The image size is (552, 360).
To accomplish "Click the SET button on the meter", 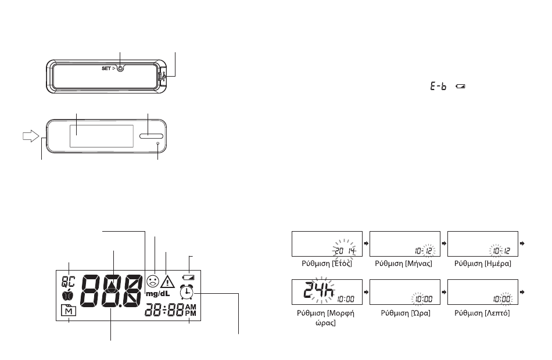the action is point(120,69).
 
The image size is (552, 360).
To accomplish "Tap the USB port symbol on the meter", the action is point(162,76).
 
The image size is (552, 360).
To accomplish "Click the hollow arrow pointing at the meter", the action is point(31,136).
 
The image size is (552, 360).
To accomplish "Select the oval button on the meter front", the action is point(152,136).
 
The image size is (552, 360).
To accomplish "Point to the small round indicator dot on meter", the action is point(157,143).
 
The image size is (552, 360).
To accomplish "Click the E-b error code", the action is point(438,86).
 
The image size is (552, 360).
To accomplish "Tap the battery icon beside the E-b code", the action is point(460,86).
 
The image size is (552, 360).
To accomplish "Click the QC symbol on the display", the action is point(69,282).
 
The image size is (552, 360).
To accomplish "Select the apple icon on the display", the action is point(67,296).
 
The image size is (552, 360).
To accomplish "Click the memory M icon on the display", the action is point(69,311).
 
